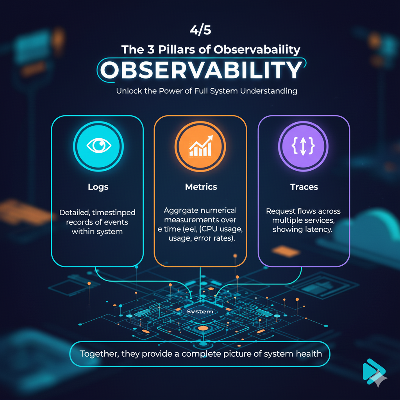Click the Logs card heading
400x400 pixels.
pyautogui.click(x=98, y=187)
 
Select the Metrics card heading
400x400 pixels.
pyautogui.click(x=201, y=187)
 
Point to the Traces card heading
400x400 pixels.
pyautogui.click(x=304, y=187)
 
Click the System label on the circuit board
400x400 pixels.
pyautogui.click(x=200, y=311)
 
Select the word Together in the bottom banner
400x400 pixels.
pyautogui.click(x=98, y=354)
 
